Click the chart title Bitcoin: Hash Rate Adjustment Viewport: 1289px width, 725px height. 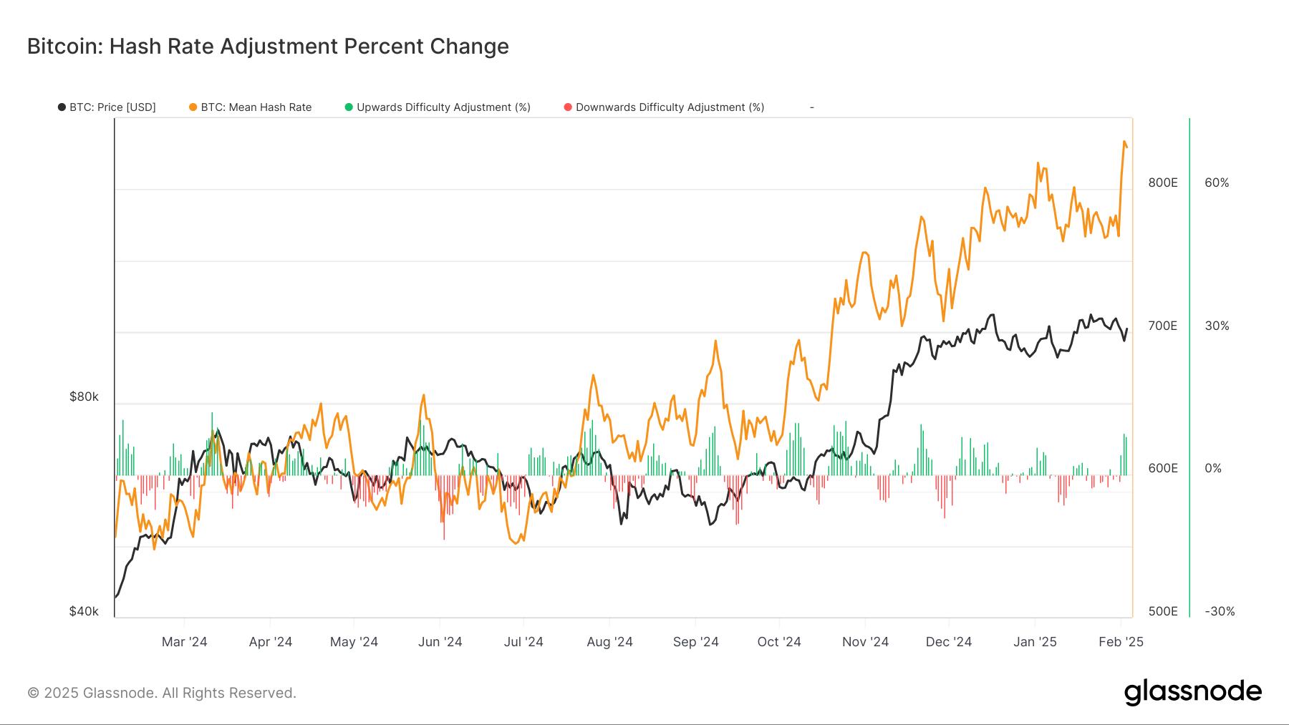tap(268, 47)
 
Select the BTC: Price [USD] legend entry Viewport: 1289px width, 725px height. tap(107, 107)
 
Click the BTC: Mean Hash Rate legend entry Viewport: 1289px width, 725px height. tap(251, 107)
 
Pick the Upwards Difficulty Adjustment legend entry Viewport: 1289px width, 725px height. tap(438, 107)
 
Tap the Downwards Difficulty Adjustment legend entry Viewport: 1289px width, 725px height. tap(664, 107)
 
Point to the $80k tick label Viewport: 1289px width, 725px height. tap(84, 396)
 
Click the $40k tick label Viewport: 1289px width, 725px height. tap(84, 611)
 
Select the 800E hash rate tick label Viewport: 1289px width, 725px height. tap(1163, 183)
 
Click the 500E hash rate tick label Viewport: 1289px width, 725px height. tap(1163, 611)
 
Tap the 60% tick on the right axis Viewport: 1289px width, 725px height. tap(1217, 183)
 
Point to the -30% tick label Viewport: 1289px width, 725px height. tap(1220, 611)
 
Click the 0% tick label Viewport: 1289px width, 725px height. tap(1213, 468)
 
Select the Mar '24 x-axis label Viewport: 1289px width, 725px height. tap(184, 642)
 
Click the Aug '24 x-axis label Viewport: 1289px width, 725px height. tap(609, 642)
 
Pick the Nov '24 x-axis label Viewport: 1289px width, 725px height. tap(865, 642)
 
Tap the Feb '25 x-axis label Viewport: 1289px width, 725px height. tap(1121, 642)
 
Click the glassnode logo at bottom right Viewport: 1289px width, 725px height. tap(1192, 692)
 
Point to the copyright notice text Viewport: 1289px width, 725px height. tap(162, 693)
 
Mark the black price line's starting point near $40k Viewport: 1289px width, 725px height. tap(116, 596)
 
